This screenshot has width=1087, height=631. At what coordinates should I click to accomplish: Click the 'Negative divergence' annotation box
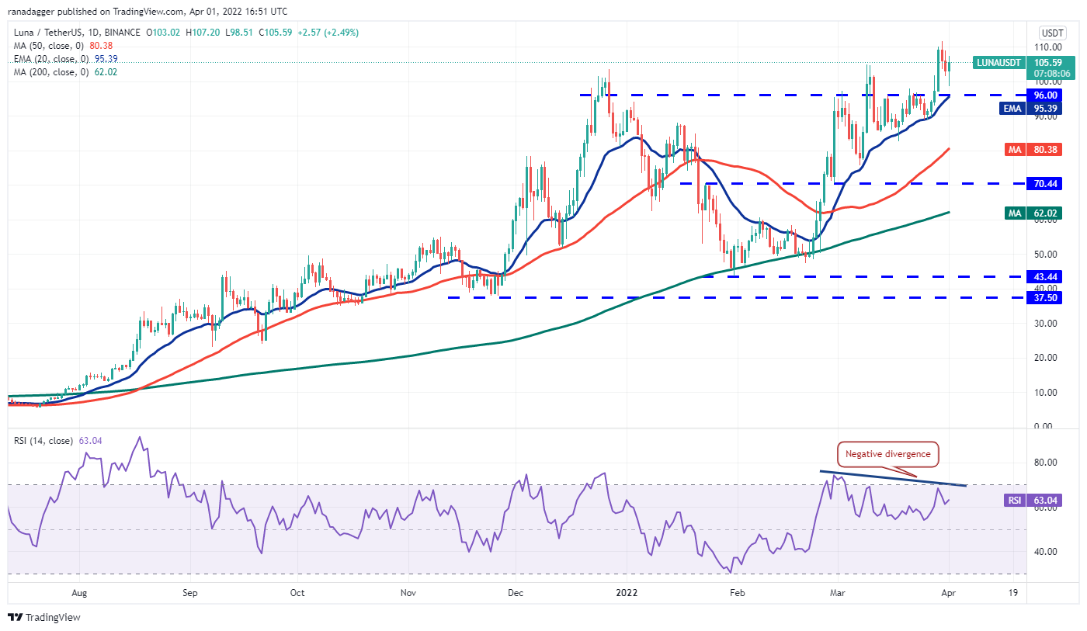click(x=887, y=454)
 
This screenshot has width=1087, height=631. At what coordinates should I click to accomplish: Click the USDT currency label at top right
click(x=1052, y=33)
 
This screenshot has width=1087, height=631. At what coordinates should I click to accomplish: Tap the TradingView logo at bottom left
click(x=44, y=618)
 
